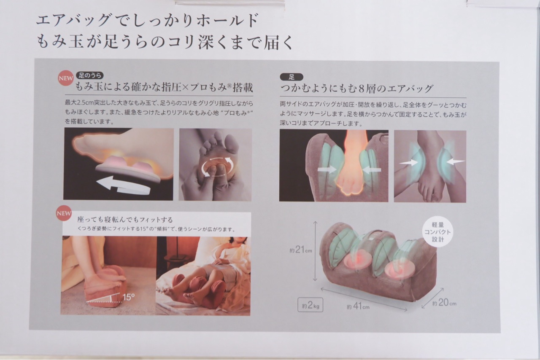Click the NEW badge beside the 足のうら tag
tap(66, 78)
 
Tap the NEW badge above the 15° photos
tap(64, 213)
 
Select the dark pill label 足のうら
tap(90, 75)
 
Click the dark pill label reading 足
tap(292, 77)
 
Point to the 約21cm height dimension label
tap(301, 250)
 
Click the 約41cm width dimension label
tap(358, 306)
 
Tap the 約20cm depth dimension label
tap(444, 302)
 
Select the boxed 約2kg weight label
tap(310, 305)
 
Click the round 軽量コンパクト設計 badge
tap(437, 232)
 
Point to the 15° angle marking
tap(129, 297)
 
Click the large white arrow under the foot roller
tap(123, 185)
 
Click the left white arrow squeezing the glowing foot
tap(327, 169)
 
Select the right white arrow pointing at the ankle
tap(456, 161)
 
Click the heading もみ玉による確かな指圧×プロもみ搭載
tap(164, 87)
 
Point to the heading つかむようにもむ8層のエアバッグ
tap(356, 89)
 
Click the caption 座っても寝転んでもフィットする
tap(125, 220)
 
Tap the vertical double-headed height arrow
tap(315, 251)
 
